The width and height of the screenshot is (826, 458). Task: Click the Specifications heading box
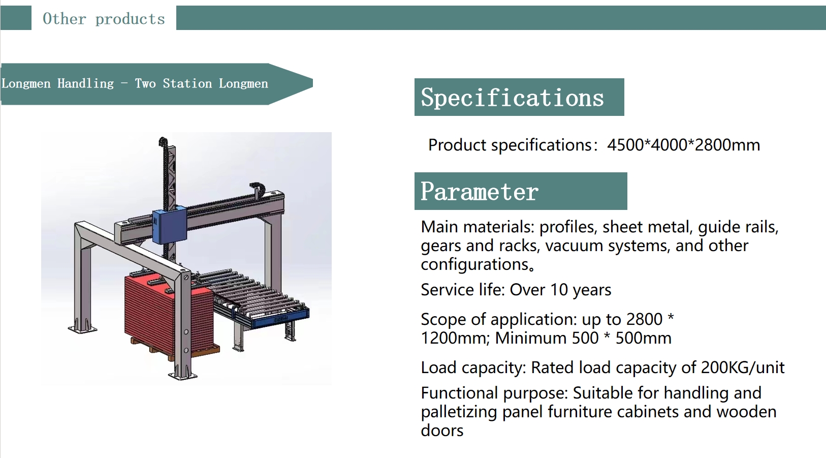point(519,97)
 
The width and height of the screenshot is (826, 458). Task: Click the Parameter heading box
point(521,191)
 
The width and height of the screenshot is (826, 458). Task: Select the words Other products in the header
point(104,19)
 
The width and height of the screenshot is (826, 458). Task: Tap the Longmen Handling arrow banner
point(156,84)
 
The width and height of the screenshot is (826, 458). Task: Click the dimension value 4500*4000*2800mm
point(684,145)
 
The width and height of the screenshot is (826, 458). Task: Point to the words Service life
point(462,290)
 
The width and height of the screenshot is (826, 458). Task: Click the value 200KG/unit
point(743,368)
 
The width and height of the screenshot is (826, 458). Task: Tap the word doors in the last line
point(442,431)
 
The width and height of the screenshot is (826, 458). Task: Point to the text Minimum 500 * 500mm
point(583,339)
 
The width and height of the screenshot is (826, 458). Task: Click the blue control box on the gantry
point(169,226)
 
